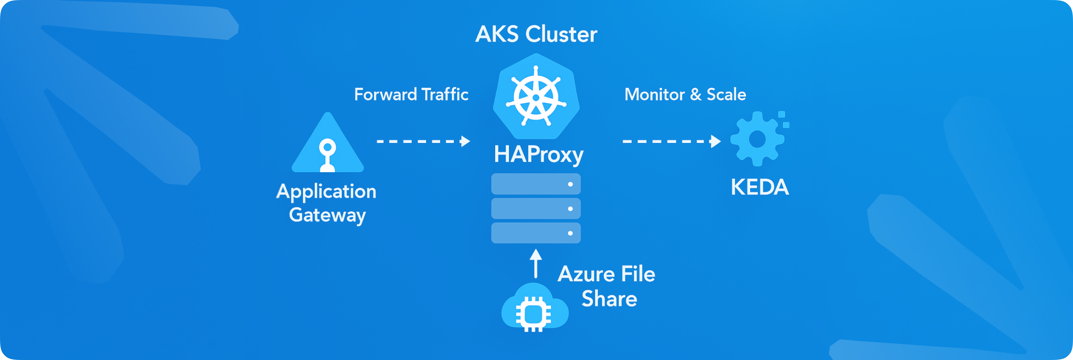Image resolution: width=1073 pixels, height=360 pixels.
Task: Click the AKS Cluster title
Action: pos(536,34)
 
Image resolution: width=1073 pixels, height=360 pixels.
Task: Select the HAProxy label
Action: pos(538,155)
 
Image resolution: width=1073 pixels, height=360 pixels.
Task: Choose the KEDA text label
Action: pos(760,187)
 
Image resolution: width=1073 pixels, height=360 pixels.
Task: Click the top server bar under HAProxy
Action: pos(536,184)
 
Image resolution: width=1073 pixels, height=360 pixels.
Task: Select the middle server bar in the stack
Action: pos(536,208)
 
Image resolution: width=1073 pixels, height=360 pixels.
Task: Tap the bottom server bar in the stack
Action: pos(536,233)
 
